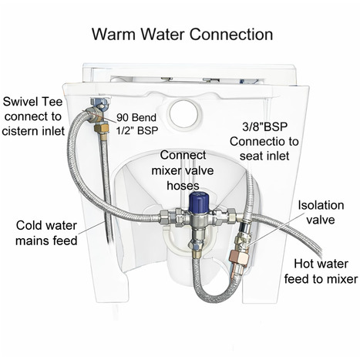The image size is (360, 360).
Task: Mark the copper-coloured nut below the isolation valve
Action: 235,254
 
